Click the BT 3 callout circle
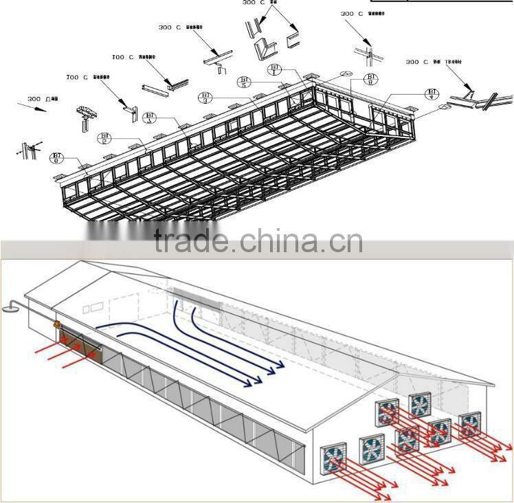tap(205, 98)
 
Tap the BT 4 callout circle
tap(432, 94)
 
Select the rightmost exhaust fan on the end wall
tap(471, 424)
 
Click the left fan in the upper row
tap(386, 413)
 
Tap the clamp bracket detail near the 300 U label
tap(85, 117)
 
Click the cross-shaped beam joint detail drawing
tap(366, 54)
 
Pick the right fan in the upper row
tap(418, 403)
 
